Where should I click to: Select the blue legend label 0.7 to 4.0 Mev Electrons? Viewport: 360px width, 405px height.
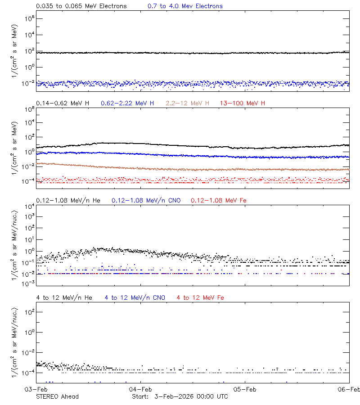click(185, 6)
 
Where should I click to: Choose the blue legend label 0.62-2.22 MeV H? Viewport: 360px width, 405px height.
click(127, 103)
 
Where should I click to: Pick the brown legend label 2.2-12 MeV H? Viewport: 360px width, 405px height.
click(188, 103)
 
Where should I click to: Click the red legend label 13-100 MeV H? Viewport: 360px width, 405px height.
click(243, 103)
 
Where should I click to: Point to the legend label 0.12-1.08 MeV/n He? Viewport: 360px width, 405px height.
click(69, 200)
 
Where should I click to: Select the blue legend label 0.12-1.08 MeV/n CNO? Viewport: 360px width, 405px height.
click(146, 200)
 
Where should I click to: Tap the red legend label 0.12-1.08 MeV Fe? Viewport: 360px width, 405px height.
click(219, 200)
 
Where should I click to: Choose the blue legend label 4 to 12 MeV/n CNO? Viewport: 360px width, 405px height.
click(135, 297)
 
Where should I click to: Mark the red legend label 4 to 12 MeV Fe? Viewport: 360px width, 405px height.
click(201, 297)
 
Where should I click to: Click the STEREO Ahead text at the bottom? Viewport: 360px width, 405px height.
click(57, 396)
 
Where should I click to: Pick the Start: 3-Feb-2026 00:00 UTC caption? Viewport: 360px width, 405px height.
click(180, 396)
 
